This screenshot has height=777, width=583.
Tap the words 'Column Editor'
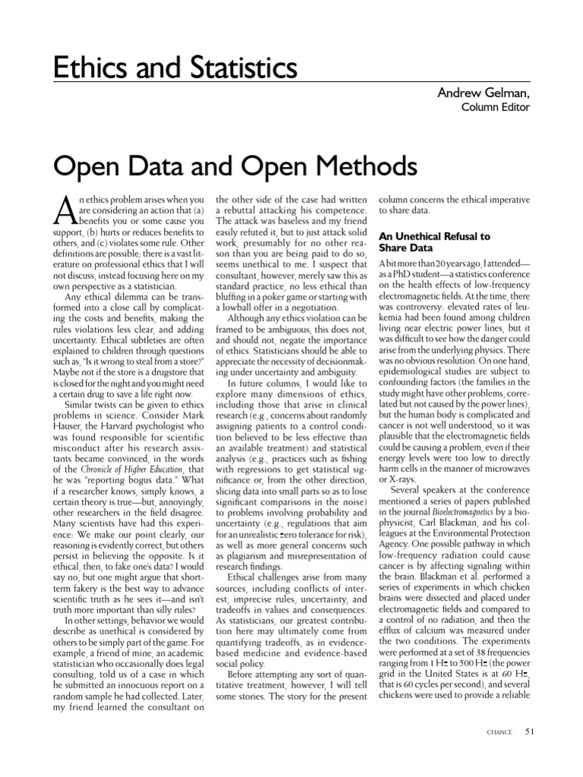point(496,107)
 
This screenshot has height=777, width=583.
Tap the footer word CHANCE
point(499,732)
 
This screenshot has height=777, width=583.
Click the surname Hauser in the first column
point(68,426)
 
